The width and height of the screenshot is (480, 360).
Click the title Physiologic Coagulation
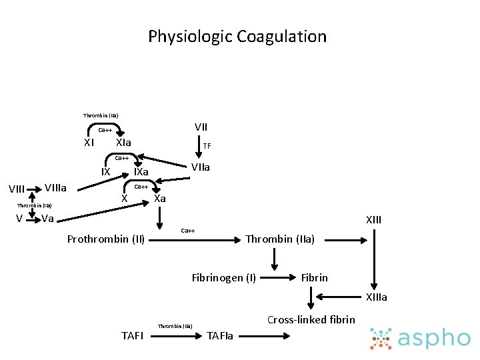(x=237, y=36)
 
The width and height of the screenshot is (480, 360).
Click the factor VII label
(x=201, y=127)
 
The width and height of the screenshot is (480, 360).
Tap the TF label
(x=207, y=145)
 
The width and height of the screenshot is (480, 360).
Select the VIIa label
(x=200, y=167)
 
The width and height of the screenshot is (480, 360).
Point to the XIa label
(x=123, y=143)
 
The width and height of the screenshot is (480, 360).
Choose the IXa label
(x=141, y=173)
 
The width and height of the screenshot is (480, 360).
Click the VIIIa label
(x=57, y=187)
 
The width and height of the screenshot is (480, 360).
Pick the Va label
(x=47, y=219)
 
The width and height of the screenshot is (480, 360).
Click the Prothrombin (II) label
(x=106, y=239)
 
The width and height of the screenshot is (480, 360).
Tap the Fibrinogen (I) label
(x=223, y=277)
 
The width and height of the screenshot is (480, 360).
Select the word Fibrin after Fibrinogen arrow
(x=314, y=277)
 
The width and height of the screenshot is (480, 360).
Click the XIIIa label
(x=375, y=297)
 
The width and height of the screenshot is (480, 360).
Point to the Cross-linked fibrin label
(x=311, y=319)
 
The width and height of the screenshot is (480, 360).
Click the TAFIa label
(x=221, y=335)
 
